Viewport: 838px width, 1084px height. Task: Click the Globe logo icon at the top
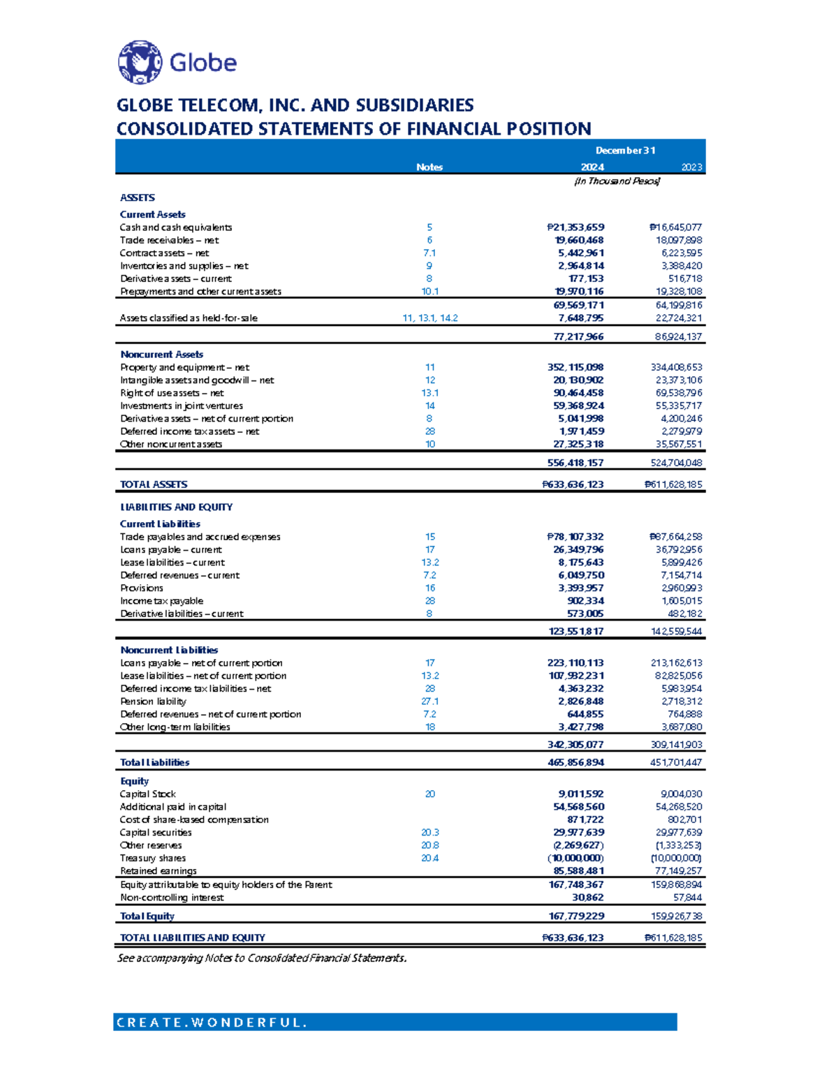pos(140,62)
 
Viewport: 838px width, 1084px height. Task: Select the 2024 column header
pos(592,167)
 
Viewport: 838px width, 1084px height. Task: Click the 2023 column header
pos(691,167)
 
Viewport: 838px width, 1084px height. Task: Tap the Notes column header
pos(429,167)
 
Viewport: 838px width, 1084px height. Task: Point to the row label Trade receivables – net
pos(169,240)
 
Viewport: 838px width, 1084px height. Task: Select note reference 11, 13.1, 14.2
pos(430,318)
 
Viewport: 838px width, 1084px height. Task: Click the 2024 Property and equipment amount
pos(575,367)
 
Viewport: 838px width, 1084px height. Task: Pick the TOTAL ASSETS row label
pos(154,484)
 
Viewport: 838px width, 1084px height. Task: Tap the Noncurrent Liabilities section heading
pos(169,650)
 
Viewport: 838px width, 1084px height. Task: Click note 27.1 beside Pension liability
pos(430,701)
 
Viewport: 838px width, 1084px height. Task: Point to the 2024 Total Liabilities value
pos(575,762)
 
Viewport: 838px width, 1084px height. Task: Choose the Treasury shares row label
pos(153,858)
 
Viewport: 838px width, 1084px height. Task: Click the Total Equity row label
pos(147,916)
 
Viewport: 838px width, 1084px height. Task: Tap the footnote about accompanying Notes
pos(262,958)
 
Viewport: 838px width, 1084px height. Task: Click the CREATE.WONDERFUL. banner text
pos(212,1023)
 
